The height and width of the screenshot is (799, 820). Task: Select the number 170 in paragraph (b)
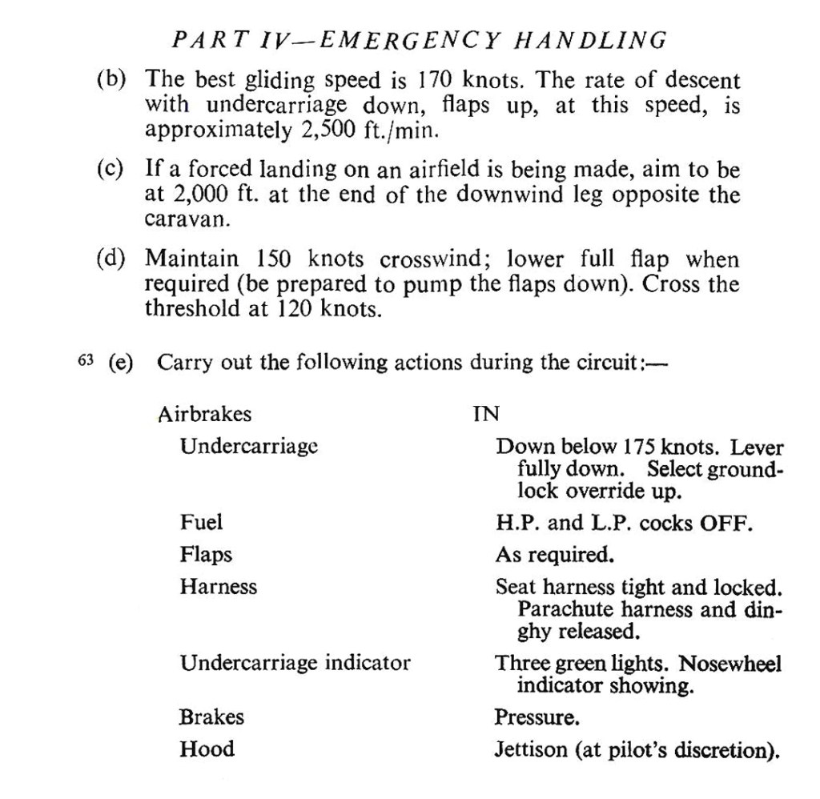tap(436, 81)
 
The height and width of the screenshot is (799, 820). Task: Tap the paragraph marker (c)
tap(110, 170)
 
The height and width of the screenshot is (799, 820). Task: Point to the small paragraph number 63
tap(86, 361)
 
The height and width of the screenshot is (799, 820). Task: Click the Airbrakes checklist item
tap(205, 415)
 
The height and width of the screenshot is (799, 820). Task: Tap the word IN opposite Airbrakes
tap(486, 415)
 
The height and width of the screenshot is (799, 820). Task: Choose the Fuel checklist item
tap(201, 524)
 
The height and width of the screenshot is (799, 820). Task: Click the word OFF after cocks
tap(726, 524)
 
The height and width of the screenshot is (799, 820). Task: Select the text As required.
tap(554, 555)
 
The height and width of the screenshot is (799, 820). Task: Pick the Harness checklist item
tap(219, 587)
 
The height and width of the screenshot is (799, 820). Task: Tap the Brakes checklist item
tap(211, 717)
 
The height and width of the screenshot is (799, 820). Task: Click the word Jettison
tap(532, 751)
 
